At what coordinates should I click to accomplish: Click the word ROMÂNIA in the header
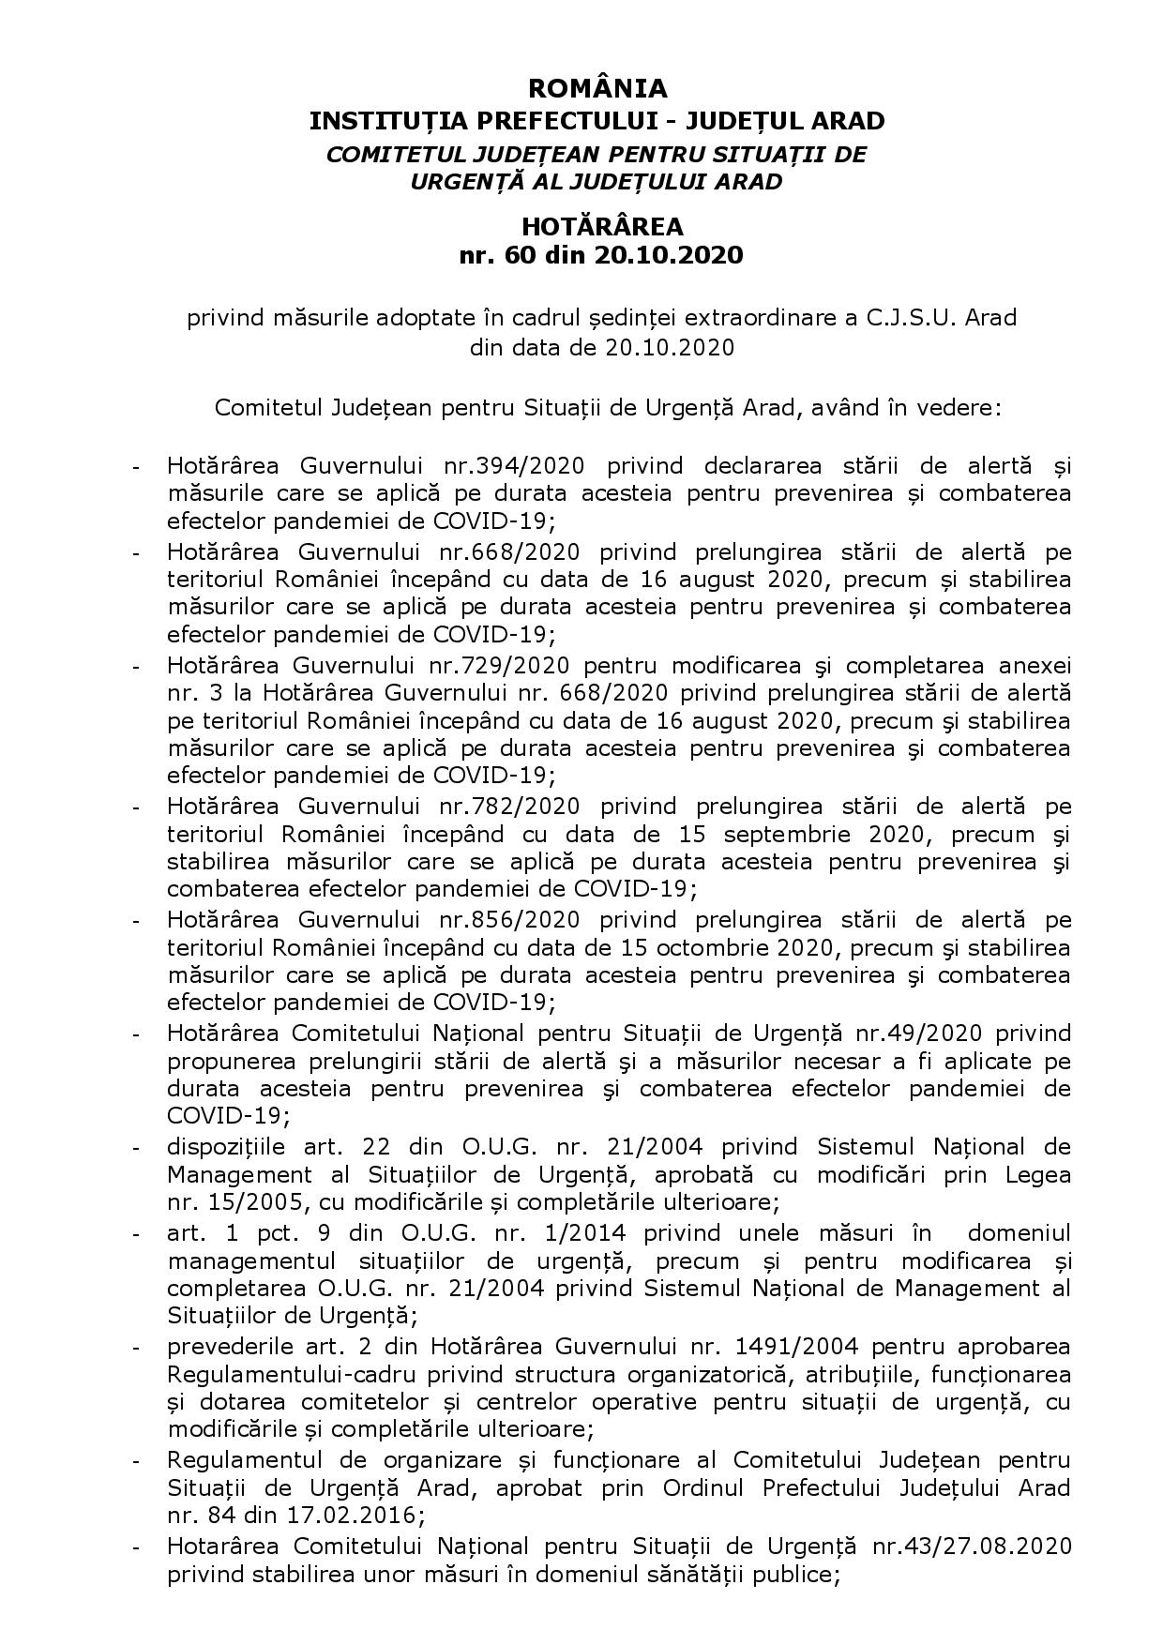coord(597,88)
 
